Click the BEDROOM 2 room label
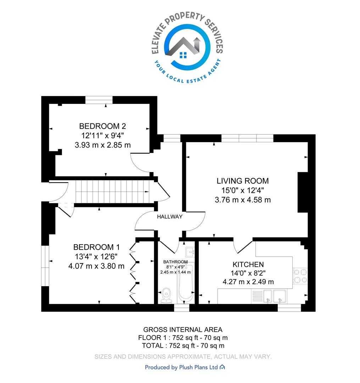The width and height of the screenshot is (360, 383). click(103, 126)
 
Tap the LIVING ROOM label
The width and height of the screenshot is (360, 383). click(243, 181)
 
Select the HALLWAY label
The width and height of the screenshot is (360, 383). click(170, 217)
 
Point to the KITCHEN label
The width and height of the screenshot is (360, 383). click(248, 265)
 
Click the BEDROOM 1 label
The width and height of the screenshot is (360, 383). click(96, 247)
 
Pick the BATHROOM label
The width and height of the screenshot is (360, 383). click(175, 262)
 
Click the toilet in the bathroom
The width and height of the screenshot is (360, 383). click(166, 295)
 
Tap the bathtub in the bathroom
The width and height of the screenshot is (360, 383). click(186, 284)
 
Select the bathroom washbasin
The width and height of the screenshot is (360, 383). click(190, 252)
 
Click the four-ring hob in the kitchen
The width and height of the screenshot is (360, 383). click(300, 276)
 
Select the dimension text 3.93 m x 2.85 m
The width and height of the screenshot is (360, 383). click(103, 145)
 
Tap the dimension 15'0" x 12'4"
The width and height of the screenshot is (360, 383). click(243, 190)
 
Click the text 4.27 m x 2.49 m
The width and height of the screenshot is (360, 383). click(248, 282)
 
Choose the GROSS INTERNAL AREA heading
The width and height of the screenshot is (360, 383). click(183, 330)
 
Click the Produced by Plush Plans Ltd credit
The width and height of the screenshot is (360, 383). click(185, 367)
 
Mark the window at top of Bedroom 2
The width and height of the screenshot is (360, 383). click(99, 100)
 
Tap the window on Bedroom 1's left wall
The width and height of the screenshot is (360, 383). click(45, 266)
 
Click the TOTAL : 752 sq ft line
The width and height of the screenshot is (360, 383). click(183, 346)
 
